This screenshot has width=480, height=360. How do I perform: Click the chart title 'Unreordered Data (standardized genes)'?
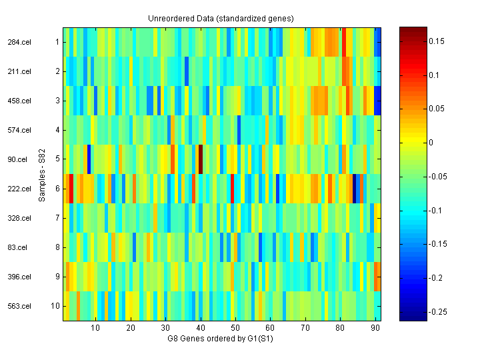(x=221, y=18)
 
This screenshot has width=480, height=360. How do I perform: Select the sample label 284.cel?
(x=19, y=42)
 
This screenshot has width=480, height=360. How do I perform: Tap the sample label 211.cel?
(x=19, y=71)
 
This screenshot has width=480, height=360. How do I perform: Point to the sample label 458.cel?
(x=19, y=101)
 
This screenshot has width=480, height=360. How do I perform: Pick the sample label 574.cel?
(x=19, y=130)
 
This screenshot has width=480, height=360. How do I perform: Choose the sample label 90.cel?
(x=17, y=159)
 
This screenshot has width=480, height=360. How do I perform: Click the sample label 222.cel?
(x=19, y=189)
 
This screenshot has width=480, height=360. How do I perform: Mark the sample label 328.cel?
(x=19, y=218)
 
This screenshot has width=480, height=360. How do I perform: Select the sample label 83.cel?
(x=17, y=247)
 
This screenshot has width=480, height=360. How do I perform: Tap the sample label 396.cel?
(x=19, y=277)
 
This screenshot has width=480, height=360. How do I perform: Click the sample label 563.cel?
(x=19, y=306)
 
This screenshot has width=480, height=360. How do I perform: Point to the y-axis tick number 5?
(x=57, y=159)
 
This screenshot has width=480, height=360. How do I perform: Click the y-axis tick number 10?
(x=56, y=306)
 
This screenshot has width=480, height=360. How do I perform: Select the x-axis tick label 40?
(x=200, y=328)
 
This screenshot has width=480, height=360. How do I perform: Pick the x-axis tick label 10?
(x=95, y=328)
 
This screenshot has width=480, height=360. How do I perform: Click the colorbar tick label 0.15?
(x=437, y=41)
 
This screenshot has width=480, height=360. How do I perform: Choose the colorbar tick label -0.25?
(x=438, y=311)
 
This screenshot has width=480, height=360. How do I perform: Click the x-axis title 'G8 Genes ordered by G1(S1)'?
(x=221, y=339)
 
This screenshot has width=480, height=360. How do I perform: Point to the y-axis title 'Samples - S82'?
(x=41, y=174)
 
